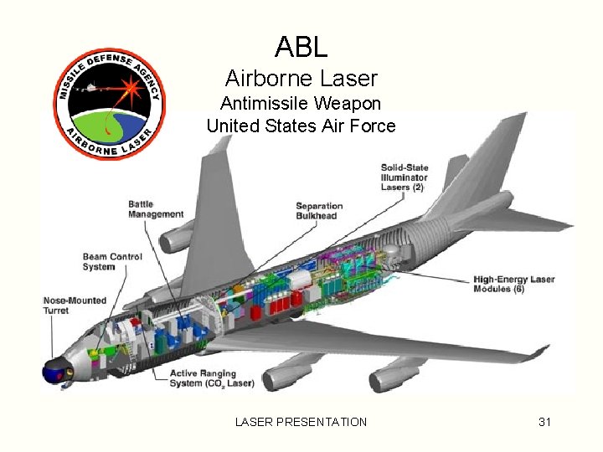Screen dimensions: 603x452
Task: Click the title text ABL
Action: click(301, 48)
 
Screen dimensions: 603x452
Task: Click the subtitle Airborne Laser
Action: click(301, 79)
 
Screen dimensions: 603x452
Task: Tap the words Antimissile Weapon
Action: click(301, 104)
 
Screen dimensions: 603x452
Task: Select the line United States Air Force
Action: click(301, 126)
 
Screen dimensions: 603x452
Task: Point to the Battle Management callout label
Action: click(156, 209)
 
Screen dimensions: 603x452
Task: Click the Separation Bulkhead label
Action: click(319, 211)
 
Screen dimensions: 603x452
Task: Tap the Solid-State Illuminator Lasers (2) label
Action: click(404, 177)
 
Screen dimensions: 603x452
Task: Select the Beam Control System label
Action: click(112, 262)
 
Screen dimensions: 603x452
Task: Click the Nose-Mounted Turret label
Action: click(68, 305)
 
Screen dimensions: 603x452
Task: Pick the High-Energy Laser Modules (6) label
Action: click(513, 284)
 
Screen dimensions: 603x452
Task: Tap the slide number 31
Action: click(544, 422)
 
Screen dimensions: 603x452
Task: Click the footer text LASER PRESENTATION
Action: click(301, 422)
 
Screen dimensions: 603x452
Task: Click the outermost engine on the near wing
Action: click(395, 376)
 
